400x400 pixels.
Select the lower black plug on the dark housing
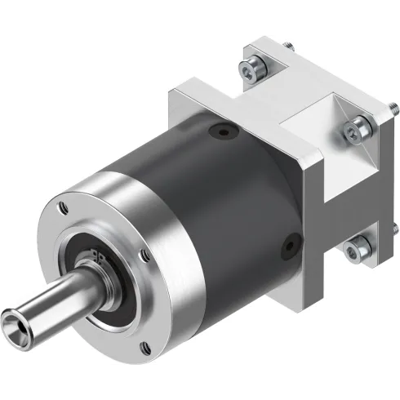288,242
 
